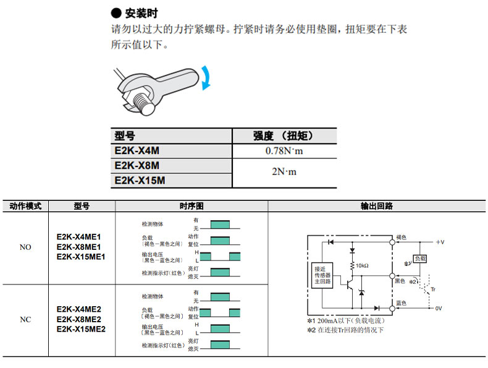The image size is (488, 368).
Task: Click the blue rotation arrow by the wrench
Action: tap(207, 78)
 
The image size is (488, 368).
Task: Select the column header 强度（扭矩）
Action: tap(284, 136)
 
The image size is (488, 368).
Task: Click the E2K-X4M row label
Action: tap(137, 150)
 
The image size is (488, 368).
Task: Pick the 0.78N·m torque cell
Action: tap(284, 150)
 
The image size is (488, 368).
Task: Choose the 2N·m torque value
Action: tap(284, 172)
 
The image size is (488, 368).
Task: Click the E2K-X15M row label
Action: tap(140, 180)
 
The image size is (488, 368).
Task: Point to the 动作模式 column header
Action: tap(25, 206)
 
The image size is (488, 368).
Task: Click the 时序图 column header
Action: tap(191, 206)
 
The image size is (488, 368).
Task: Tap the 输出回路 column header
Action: tap(377, 206)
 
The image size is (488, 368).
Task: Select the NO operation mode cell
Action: tap(25, 247)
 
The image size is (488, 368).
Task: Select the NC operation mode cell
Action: tap(25, 320)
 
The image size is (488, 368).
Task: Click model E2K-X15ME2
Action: tap(81, 329)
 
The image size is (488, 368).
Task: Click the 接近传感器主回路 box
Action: tap(323, 276)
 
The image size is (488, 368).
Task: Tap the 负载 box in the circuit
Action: tap(420, 259)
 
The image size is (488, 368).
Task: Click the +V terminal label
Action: tap(440, 242)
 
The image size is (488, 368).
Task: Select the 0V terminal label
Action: tap(439, 307)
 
